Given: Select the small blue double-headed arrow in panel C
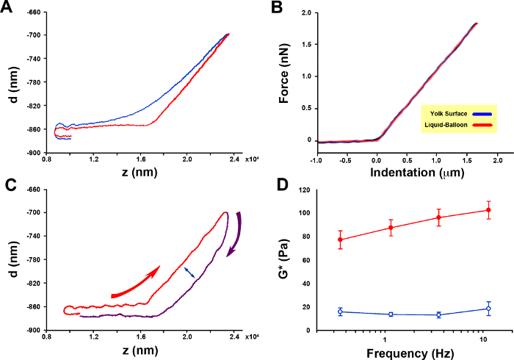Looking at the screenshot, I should (x=189, y=273).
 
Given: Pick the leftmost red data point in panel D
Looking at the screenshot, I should (x=340, y=240).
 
